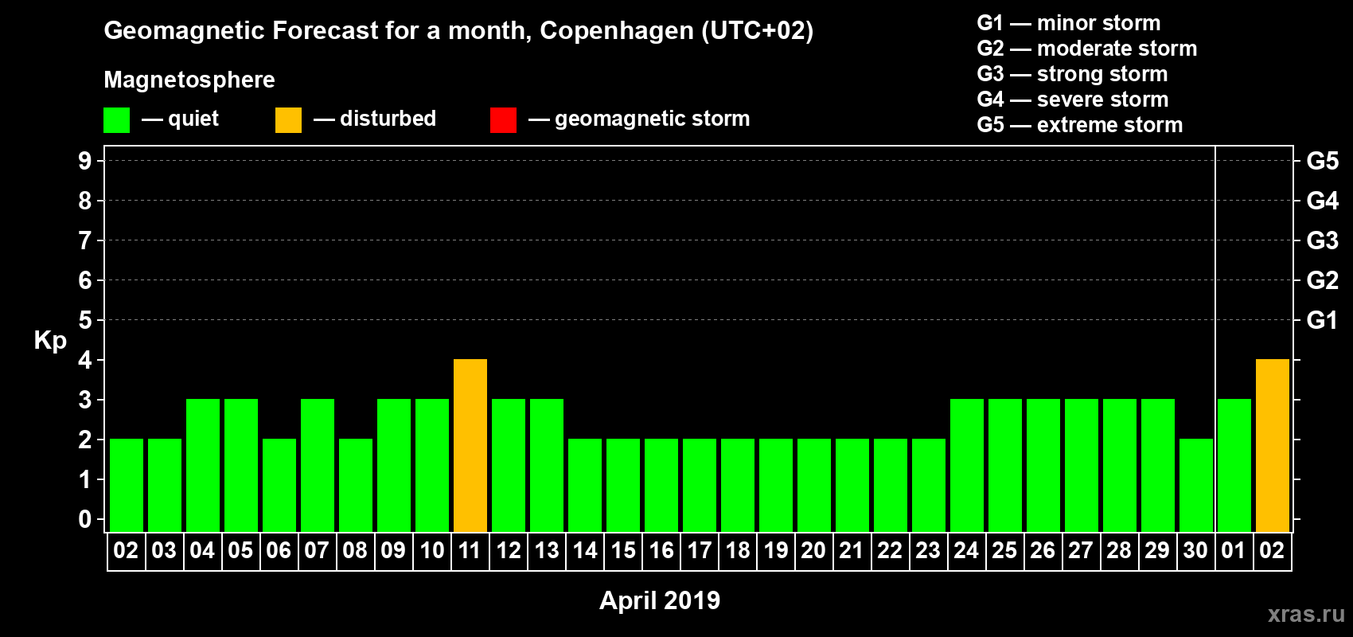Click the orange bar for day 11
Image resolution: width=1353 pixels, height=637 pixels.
coord(470,445)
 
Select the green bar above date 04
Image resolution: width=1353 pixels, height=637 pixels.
coord(203,465)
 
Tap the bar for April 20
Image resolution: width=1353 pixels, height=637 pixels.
coord(814,485)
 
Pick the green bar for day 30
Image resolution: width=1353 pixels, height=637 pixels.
coord(1196,485)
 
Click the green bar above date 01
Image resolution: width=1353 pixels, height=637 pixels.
coord(1234,465)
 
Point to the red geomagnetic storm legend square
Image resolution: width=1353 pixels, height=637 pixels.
coord(503,120)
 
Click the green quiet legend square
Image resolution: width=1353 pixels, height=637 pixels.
coord(116,120)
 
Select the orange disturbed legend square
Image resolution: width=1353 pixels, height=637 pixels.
coord(288,120)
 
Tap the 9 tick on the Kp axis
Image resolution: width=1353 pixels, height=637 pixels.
coord(85,161)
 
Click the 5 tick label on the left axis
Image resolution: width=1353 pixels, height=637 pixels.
coord(85,320)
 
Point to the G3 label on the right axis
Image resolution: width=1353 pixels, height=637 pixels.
coord(1322,240)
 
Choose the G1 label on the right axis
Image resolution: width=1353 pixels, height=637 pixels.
coord(1322,320)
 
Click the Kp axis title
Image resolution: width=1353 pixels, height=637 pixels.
coord(50,341)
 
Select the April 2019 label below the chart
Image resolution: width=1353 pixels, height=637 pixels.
coord(660,600)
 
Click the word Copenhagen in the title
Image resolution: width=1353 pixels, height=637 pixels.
coord(617,31)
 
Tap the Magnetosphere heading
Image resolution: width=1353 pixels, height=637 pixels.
coord(189,80)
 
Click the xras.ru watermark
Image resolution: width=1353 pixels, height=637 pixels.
coord(1306,614)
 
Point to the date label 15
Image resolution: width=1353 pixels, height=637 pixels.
coord(623,551)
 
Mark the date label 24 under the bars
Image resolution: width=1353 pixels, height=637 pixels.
coord(966,551)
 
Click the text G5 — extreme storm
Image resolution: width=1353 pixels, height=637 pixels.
coord(1080,125)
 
